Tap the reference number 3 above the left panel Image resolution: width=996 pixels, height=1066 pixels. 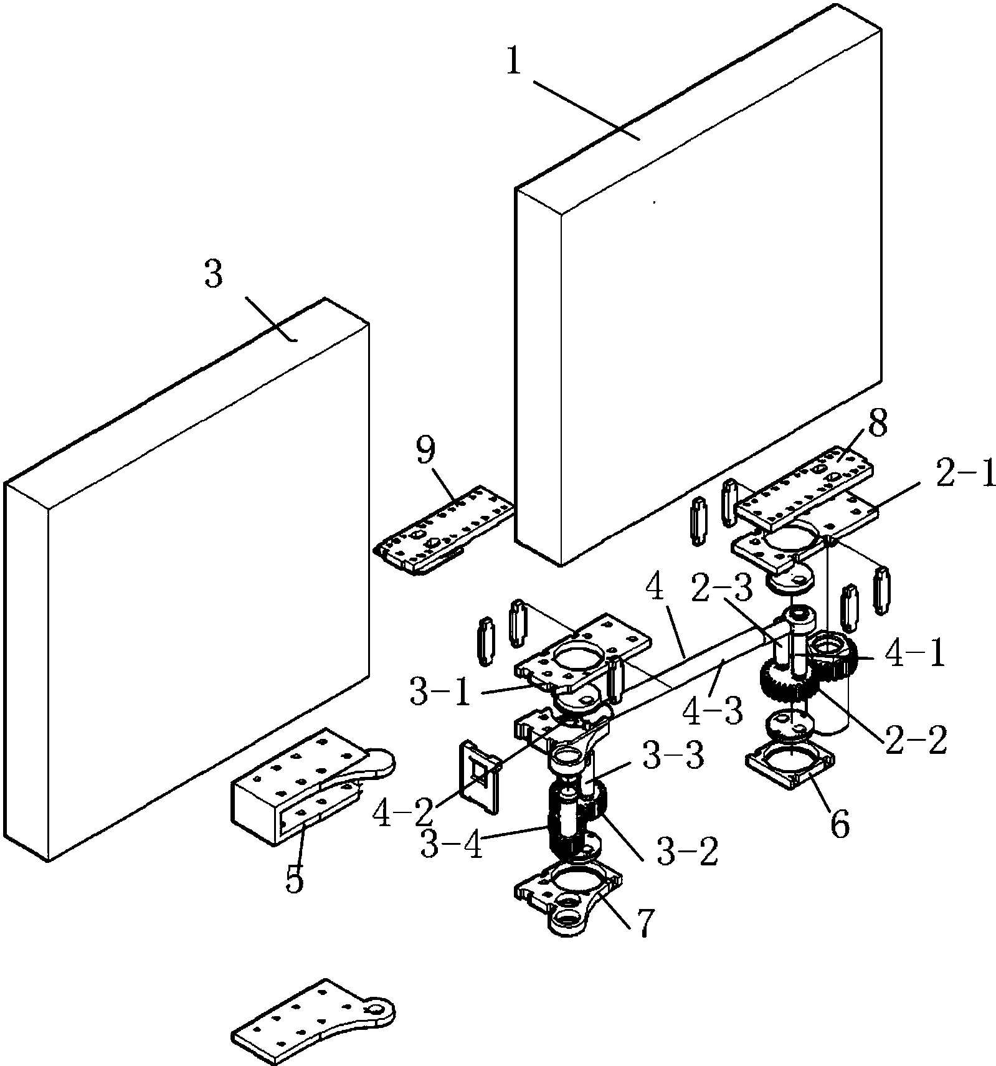(x=213, y=275)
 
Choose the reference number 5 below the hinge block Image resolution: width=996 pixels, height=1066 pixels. (x=295, y=880)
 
